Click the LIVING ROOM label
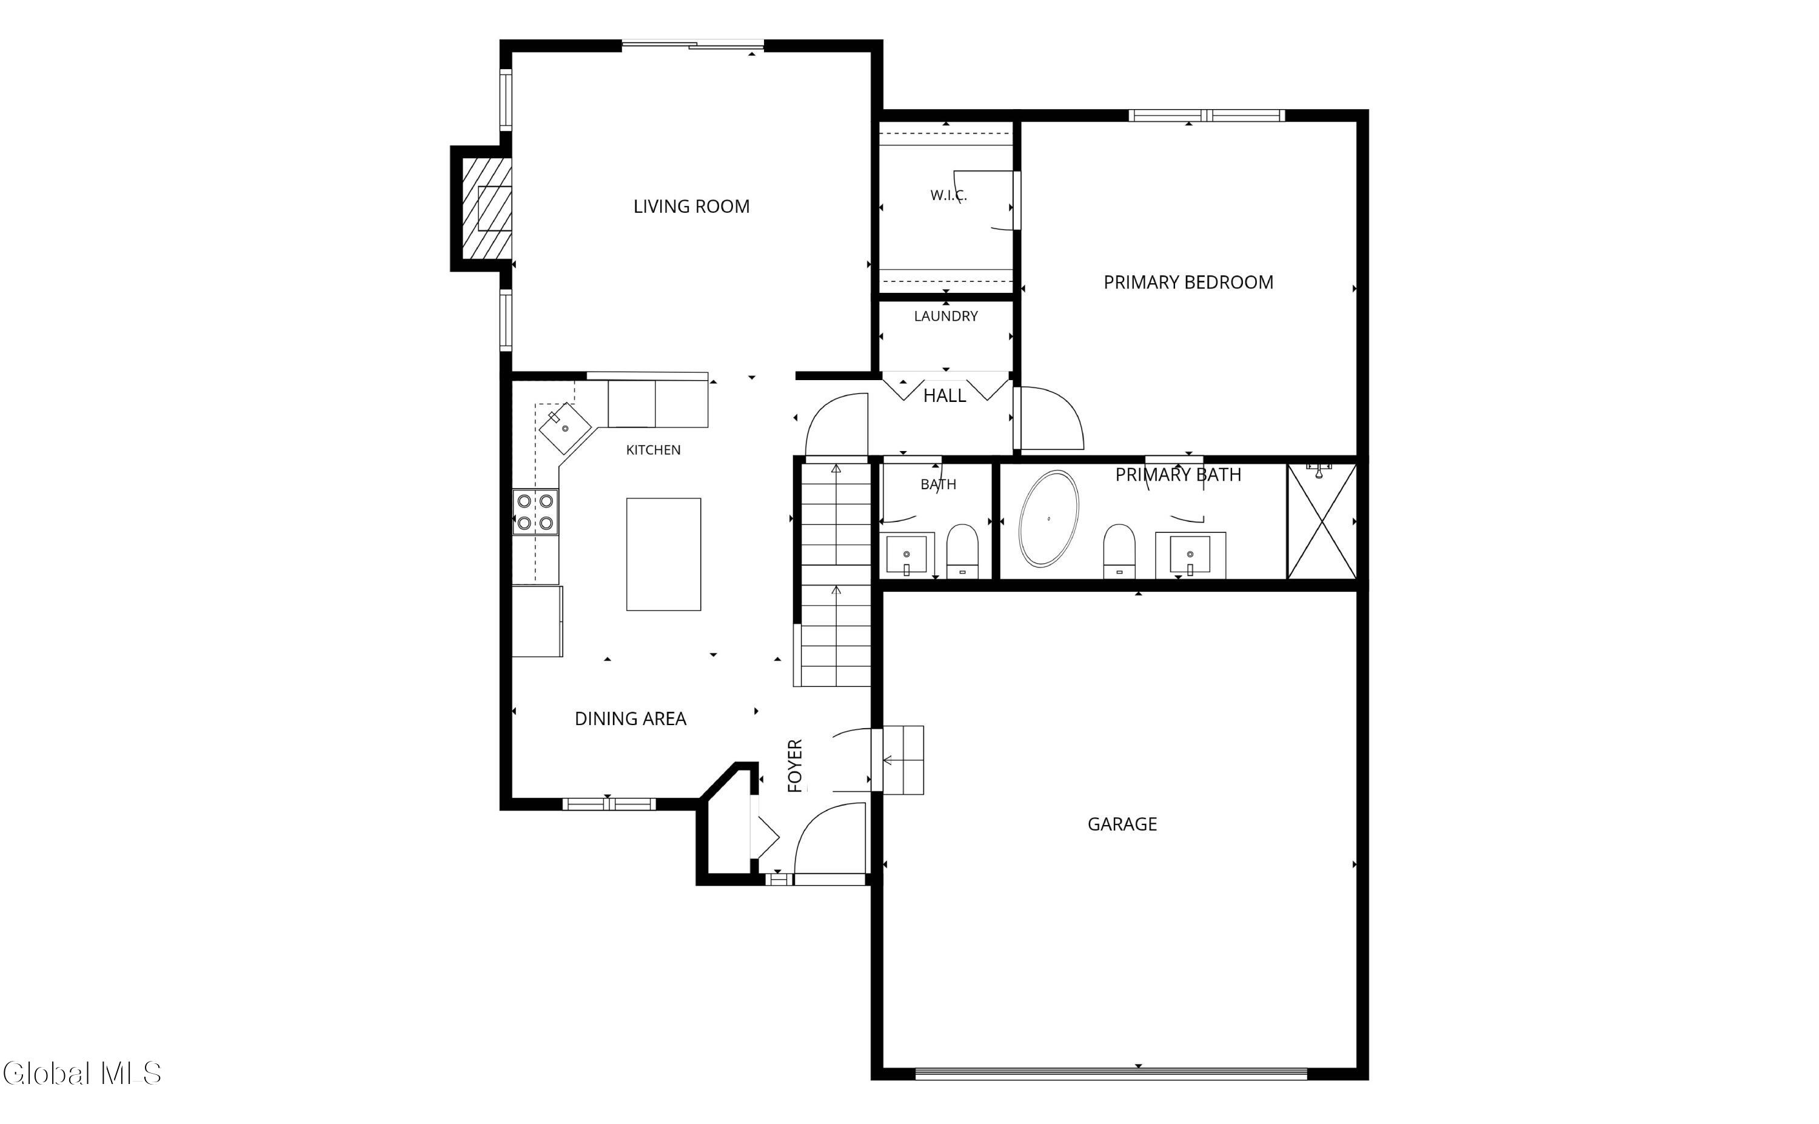pyautogui.click(x=691, y=207)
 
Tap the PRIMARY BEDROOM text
pyautogui.click(x=1188, y=283)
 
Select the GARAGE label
pyautogui.click(x=1122, y=824)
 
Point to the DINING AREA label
pyautogui.click(x=631, y=719)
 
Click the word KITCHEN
pyautogui.click(x=654, y=450)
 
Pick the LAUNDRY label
pyautogui.click(x=945, y=316)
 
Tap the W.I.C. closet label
pyautogui.click(x=948, y=195)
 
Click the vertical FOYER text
pyautogui.click(x=795, y=766)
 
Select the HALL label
pyautogui.click(x=944, y=395)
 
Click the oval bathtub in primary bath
pyautogui.click(x=1048, y=518)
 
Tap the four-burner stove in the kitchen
pyautogui.click(x=535, y=512)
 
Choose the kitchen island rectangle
pyautogui.click(x=663, y=555)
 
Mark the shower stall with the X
pyautogui.click(x=1322, y=521)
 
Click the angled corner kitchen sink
pyautogui.click(x=565, y=428)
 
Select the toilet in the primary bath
pyautogui.click(x=1119, y=551)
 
